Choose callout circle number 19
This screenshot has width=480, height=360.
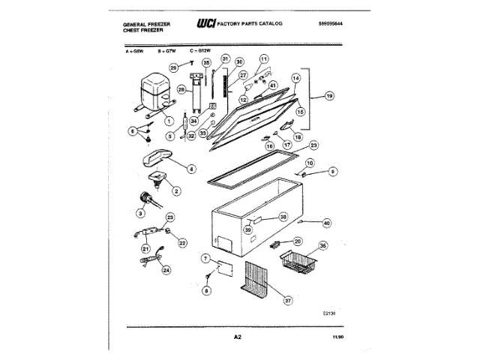pos(328,97)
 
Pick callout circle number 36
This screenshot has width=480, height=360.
pos(323,245)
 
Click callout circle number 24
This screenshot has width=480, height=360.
pos(166,270)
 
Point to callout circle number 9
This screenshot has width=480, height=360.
pos(332,172)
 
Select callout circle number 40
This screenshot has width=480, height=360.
pos(326,222)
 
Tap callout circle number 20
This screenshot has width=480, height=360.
pos(297,241)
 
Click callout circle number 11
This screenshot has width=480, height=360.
pos(263,58)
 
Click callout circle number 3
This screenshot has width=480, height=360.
pos(141,212)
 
